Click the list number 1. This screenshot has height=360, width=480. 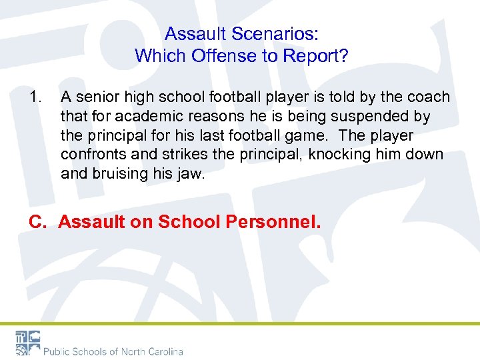[x=36, y=97]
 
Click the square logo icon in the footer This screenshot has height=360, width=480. [x=28, y=343]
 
